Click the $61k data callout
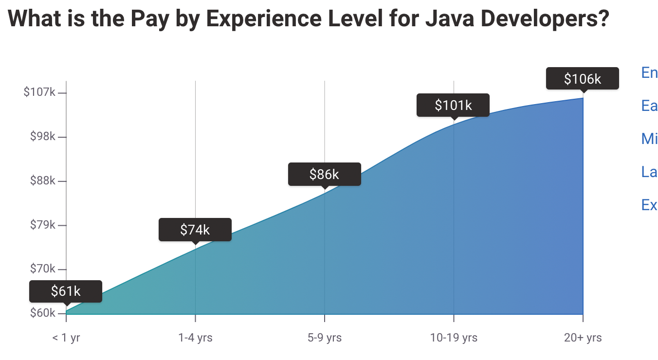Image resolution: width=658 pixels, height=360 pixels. click(66, 291)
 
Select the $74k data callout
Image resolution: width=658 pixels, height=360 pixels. click(195, 230)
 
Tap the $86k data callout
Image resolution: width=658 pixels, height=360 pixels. click(324, 174)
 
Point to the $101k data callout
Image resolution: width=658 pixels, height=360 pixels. click(453, 105)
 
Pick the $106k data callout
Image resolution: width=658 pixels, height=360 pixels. click(582, 79)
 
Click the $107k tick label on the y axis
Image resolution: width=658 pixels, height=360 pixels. click(39, 92)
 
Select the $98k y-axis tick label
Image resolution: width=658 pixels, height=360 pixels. click(42, 136)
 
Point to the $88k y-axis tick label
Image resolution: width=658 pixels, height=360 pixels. click(42, 181)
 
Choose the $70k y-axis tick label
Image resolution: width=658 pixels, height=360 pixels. click(42, 269)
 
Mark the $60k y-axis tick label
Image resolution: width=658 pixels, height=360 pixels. click(42, 313)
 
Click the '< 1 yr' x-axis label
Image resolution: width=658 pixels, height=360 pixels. click(66, 338)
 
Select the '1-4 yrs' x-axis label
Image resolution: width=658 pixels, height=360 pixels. click(195, 338)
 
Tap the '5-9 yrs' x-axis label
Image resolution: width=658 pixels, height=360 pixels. click(324, 338)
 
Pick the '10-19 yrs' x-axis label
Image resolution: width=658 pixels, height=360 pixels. click(454, 338)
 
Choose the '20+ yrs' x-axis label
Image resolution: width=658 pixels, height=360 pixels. click(583, 338)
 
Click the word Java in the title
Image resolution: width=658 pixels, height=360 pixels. click(450, 18)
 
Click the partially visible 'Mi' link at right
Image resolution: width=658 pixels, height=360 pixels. click(649, 139)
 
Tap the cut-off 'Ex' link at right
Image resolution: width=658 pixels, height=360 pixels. click(649, 205)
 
